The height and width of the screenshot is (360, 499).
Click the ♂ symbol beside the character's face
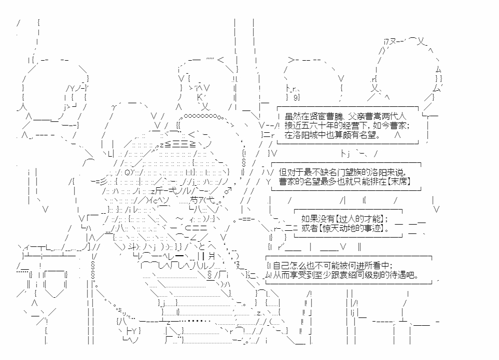click(x=228, y=191)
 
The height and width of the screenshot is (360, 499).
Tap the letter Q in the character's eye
click(x=127, y=173)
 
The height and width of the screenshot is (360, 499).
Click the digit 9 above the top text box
click(x=296, y=98)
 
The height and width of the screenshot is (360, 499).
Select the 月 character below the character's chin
click(x=212, y=256)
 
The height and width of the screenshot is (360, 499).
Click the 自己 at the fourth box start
click(x=281, y=266)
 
